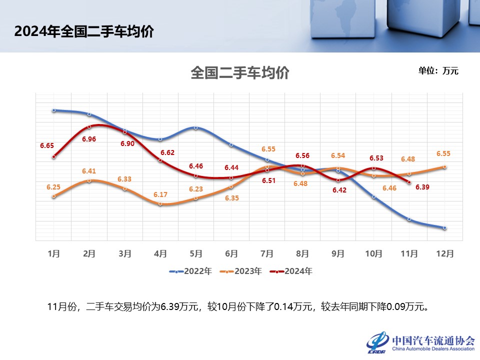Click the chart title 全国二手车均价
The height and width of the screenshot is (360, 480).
240,73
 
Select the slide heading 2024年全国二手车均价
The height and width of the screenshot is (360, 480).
84,31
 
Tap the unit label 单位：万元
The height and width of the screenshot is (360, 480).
438,70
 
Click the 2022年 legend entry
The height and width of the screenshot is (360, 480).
191,271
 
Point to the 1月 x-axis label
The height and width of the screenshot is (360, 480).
54,253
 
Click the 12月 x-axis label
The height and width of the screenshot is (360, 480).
444,253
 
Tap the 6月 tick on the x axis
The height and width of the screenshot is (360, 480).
231,253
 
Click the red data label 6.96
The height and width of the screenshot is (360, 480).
89,139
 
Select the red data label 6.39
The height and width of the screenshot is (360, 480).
423,188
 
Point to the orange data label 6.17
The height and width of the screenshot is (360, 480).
160,194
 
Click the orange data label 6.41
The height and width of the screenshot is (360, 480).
89,171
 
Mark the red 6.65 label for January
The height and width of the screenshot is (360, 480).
47,146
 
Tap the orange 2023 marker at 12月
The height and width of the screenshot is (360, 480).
444,167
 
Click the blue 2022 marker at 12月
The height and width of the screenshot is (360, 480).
444,228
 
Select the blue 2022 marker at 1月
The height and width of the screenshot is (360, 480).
54,110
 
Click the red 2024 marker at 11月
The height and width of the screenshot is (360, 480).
409,182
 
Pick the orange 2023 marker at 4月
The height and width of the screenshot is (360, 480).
160,204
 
